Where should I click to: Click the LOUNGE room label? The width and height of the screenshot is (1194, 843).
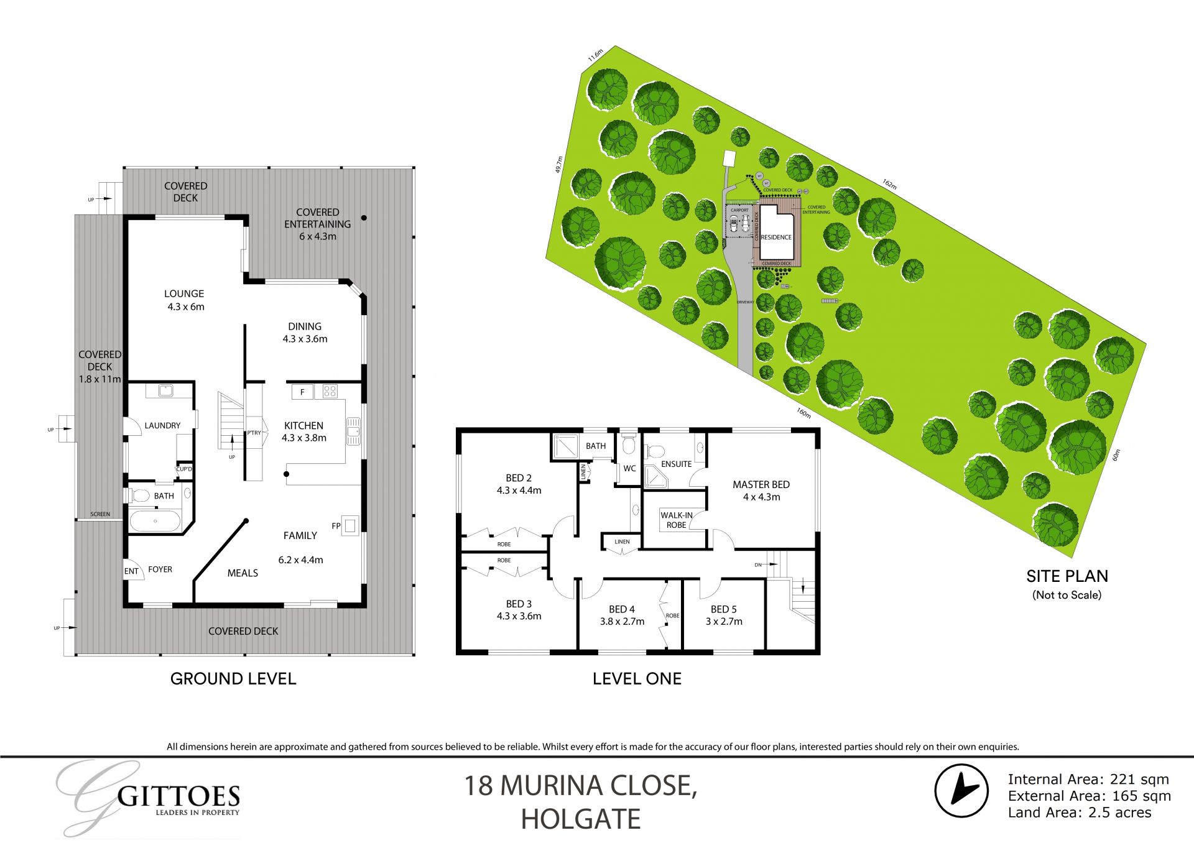tap(184, 293)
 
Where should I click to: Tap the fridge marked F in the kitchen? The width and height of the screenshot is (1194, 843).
tap(303, 392)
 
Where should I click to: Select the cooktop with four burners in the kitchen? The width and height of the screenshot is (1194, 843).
tap(330, 391)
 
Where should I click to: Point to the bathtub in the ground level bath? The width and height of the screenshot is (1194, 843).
tap(155, 521)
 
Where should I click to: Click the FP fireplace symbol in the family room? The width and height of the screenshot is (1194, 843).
tap(349, 526)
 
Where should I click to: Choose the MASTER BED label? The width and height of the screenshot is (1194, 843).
tap(761, 484)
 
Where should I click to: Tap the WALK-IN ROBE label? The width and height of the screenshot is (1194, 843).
tap(676, 520)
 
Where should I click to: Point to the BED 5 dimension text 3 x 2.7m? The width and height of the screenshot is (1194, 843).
tap(724, 621)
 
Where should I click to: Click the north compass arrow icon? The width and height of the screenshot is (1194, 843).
tap(961, 790)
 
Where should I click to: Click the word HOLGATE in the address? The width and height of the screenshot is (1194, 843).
tap(581, 819)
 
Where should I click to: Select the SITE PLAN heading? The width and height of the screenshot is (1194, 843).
tap(1067, 576)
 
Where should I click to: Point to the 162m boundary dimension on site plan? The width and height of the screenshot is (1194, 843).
tap(889, 185)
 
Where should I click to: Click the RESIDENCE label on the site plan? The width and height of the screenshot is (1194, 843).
tap(776, 237)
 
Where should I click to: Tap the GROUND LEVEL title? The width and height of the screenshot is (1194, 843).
tap(233, 678)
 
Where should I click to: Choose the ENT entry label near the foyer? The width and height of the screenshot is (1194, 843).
tap(131, 571)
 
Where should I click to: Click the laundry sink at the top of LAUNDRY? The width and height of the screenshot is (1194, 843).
tap(165, 391)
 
